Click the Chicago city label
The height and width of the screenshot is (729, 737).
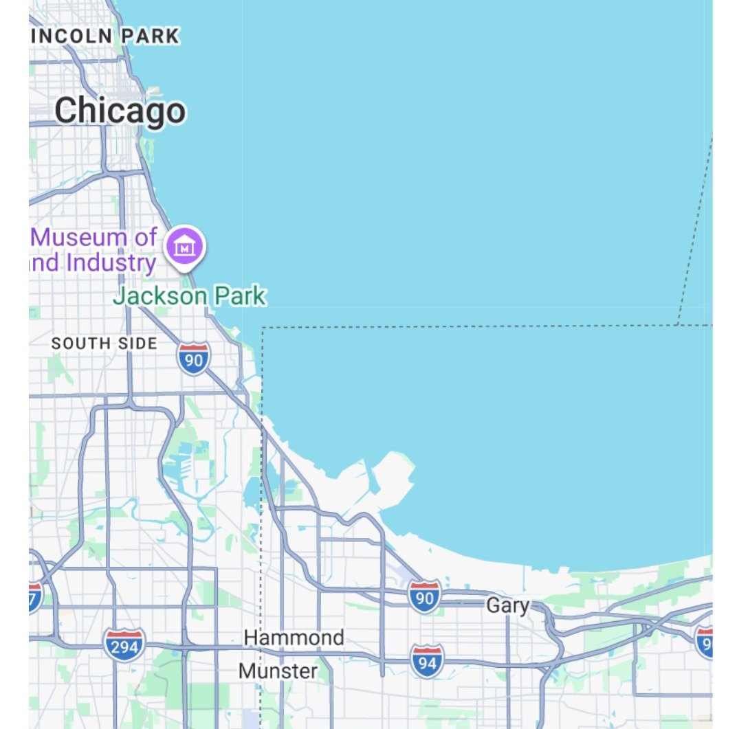point(120,111)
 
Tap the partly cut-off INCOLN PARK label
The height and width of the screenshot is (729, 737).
point(104,36)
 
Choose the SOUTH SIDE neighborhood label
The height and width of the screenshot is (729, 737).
point(104,343)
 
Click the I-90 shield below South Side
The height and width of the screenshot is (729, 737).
point(194,359)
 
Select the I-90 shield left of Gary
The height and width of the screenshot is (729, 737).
point(425,596)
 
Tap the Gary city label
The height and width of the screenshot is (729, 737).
point(508,605)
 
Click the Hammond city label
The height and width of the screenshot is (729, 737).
point(294,638)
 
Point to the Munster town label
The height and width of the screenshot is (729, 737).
point(278,671)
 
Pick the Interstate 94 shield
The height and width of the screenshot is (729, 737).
point(427,661)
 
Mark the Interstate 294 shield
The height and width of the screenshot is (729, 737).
point(124,644)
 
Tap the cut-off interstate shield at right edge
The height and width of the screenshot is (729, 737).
point(704,642)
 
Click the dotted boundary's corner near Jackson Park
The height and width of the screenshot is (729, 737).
point(263,328)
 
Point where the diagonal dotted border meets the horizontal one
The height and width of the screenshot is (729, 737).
point(677,325)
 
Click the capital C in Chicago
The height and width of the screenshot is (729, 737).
point(67,111)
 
